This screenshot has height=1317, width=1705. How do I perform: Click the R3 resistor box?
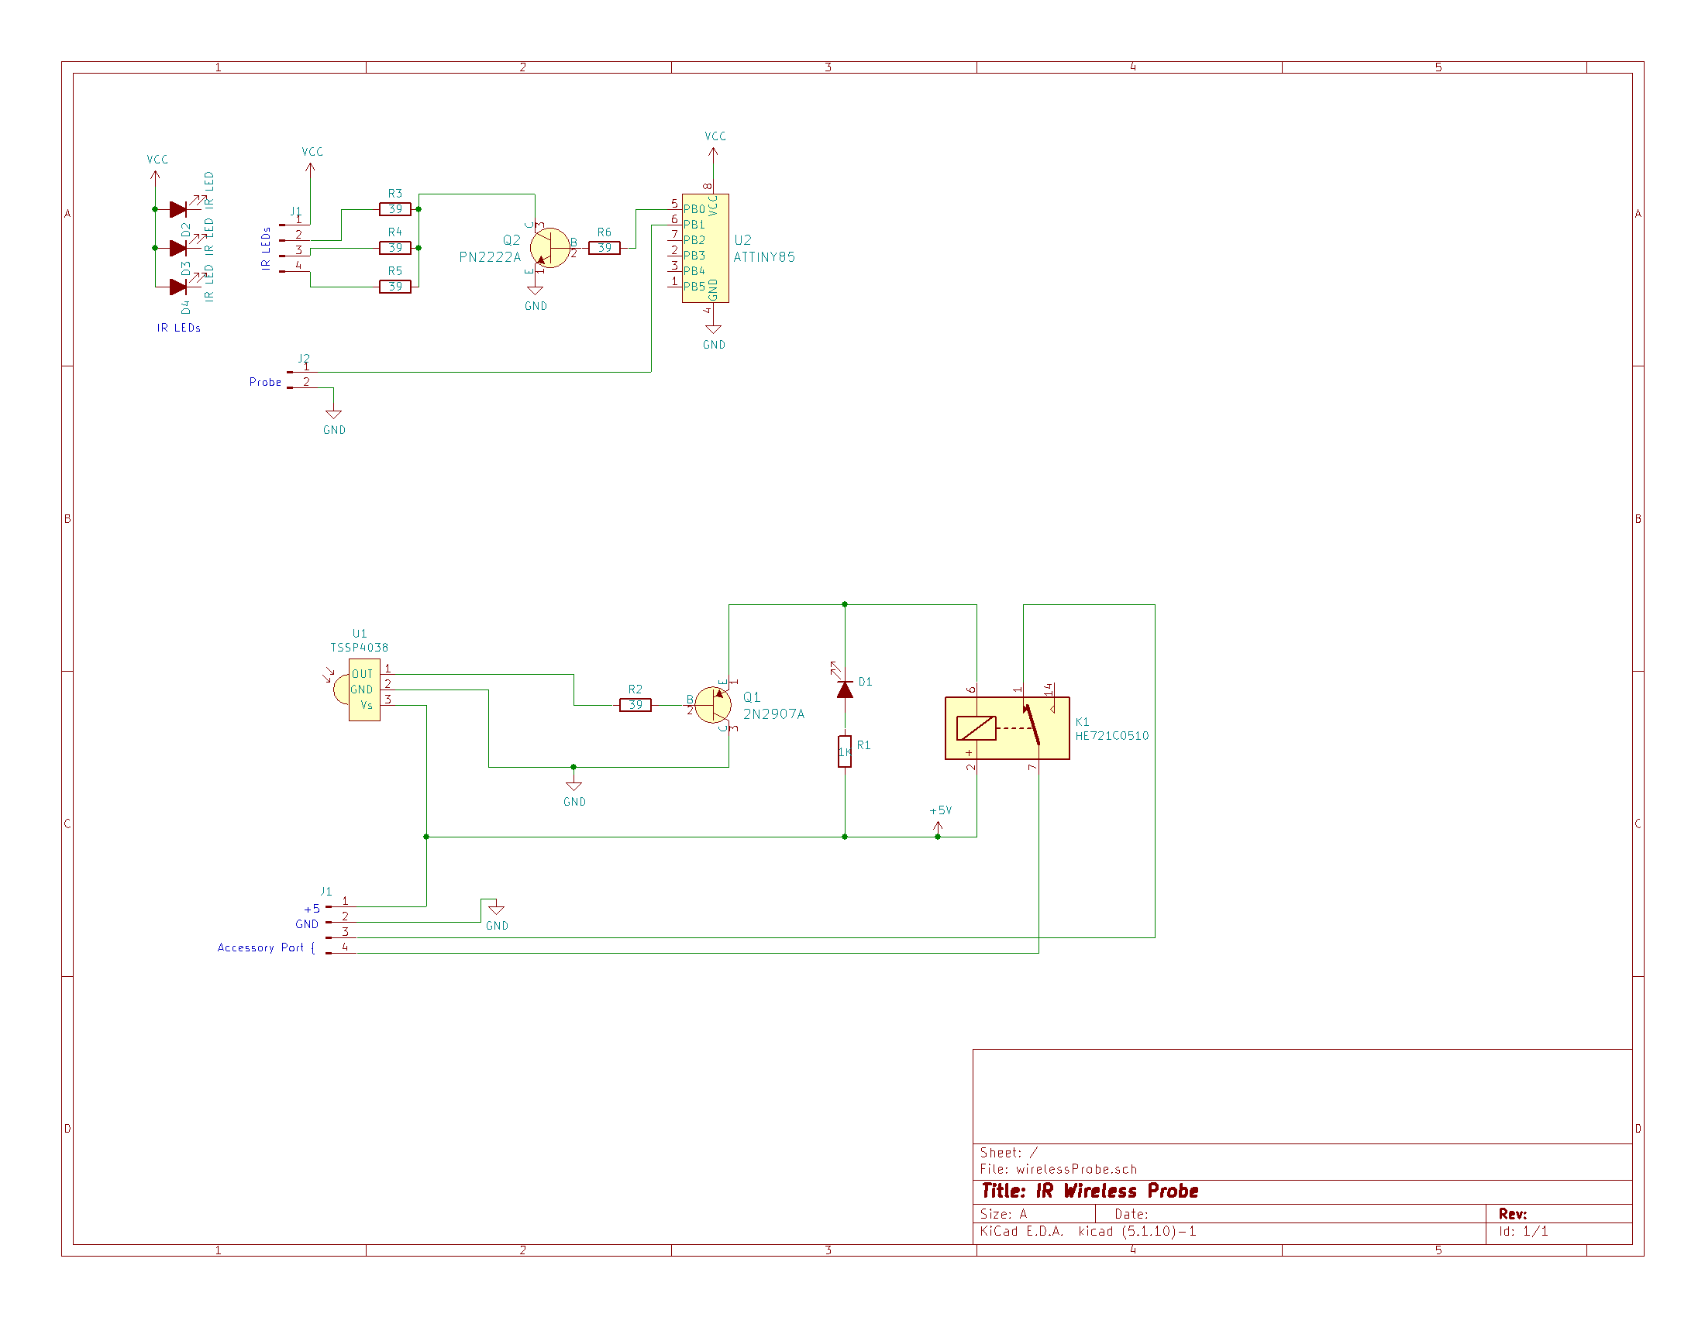click(x=395, y=209)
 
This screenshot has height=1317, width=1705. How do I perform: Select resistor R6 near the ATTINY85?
click(x=604, y=248)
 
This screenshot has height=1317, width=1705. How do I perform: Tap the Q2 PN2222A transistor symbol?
click(x=549, y=248)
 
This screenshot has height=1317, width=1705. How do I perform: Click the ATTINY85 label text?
click(x=764, y=257)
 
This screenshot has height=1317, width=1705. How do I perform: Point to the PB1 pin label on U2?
click(x=694, y=225)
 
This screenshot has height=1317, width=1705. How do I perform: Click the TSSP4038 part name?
click(x=359, y=648)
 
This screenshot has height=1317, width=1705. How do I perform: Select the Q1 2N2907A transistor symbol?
click(x=713, y=705)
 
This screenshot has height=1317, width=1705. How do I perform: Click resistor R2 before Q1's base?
click(x=635, y=705)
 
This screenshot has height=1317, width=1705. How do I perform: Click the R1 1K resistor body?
click(x=845, y=751)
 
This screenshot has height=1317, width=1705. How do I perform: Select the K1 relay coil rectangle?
click(x=976, y=728)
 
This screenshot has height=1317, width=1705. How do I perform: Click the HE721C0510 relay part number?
click(x=1111, y=736)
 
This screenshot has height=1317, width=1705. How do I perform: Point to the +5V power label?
click(x=941, y=810)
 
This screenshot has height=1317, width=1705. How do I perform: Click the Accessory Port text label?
click(x=260, y=948)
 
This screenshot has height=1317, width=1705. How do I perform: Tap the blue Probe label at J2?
click(x=265, y=382)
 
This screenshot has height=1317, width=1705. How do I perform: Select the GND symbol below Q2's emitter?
click(x=536, y=293)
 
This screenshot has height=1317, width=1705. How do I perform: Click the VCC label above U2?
click(x=715, y=136)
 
